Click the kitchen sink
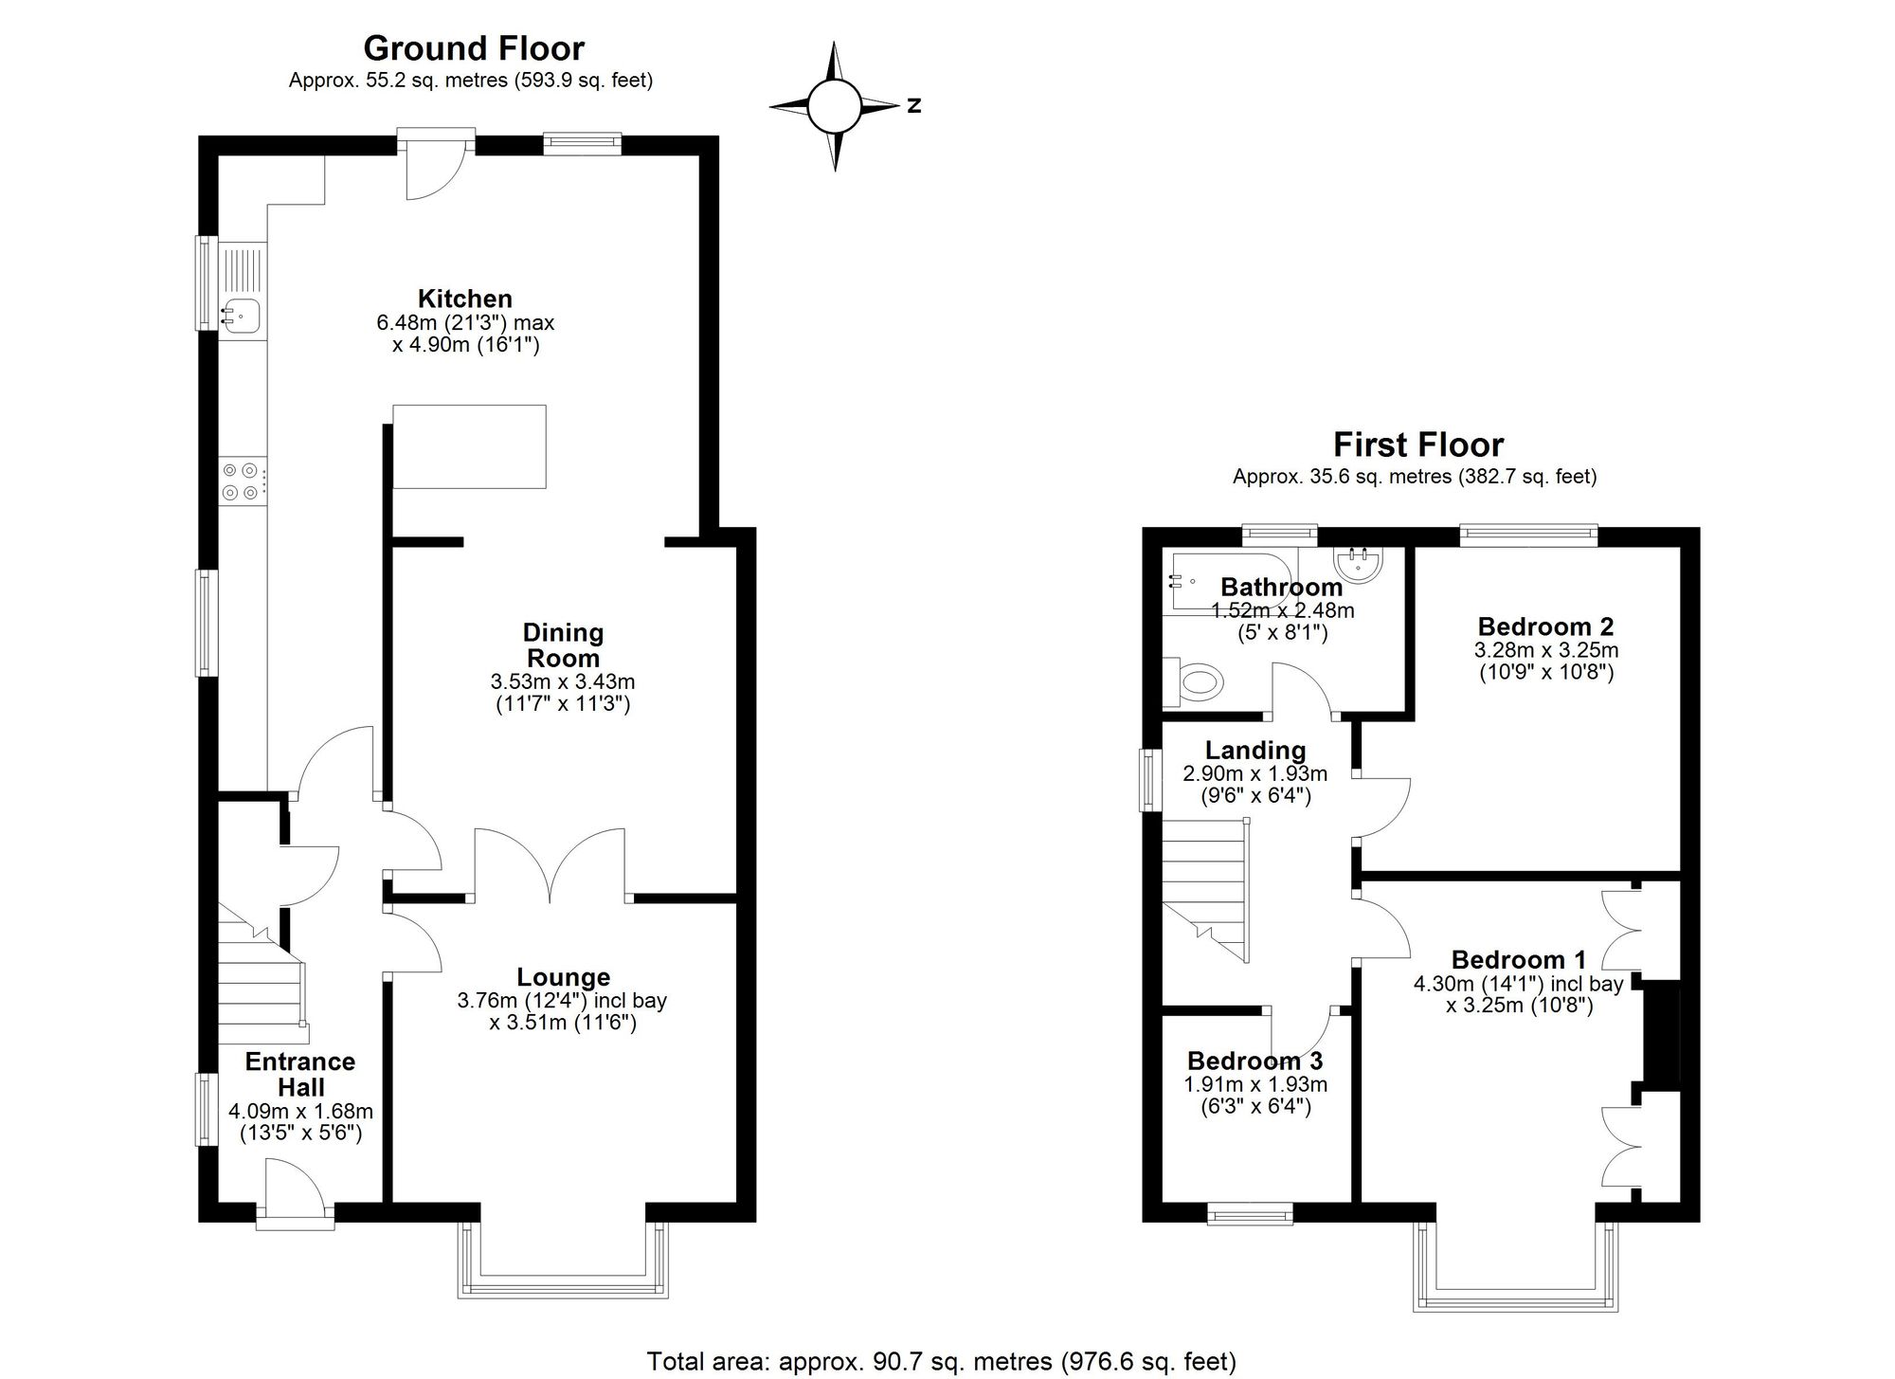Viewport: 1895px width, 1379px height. pyautogui.click(x=240, y=313)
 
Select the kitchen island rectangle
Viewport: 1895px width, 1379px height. pyautogui.click(x=469, y=446)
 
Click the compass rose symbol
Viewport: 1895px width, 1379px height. pyautogui.click(x=834, y=105)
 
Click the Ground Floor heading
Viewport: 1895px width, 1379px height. pyautogui.click(x=474, y=47)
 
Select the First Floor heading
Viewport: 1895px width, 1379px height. pyautogui.click(x=1418, y=444)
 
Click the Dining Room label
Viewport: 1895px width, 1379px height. pyautogui.click(x=563, y=644)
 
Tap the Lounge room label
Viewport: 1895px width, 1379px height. pyautogui.click(x=564, y=976)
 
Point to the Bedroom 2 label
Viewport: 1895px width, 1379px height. pyautogui.click(x=1546, y=626)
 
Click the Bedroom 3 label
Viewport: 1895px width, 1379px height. pyautogui.click(x=1255, y=1061)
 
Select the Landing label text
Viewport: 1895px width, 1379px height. pyautogui.click(x=1255, y=751)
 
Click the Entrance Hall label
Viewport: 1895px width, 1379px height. pyautogui.click(x=300, y=1074)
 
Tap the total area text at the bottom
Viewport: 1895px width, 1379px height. pyautogui.click(x=941, y=1362)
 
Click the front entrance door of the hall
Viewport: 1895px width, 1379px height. pyautogui.click(x=296, y=1196)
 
